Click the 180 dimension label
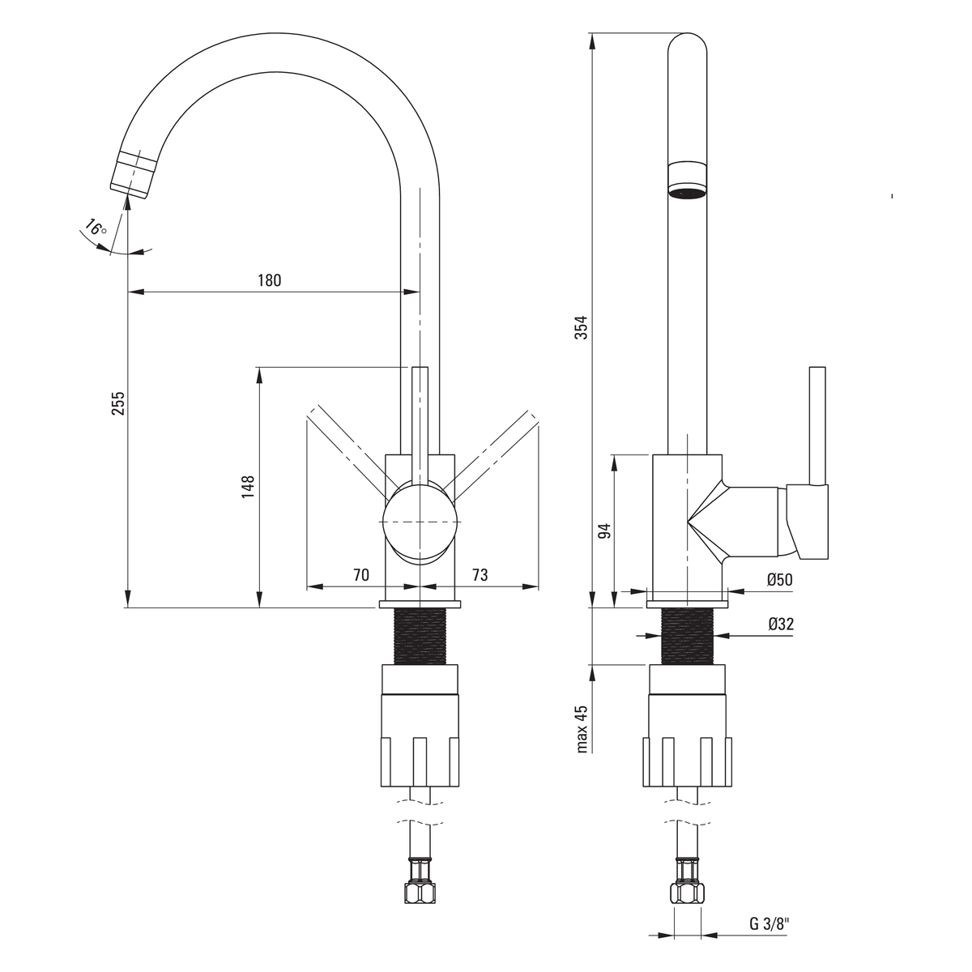[x=270, y=280]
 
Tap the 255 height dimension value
[x=117, y=403]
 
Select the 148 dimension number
[x=248, y=487]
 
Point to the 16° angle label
[x=95, y=228]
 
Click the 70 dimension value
[x=361, y=574]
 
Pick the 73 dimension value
[x=480, y=574]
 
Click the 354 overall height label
[x=582, y=327]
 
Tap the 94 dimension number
[x=604, y=531]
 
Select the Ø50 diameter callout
[x=780, y=580]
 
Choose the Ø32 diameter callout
[x=781, y=625]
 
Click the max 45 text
[x=582, y=729]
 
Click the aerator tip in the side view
[x=687, y=180]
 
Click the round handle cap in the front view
[x=420, y=522]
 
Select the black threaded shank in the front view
[x=420, y=637]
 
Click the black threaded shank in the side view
[x=687, y=637]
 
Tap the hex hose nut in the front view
[x=420, y=889]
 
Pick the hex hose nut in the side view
[x=687, y=889]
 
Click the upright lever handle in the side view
[x=817, y=427]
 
